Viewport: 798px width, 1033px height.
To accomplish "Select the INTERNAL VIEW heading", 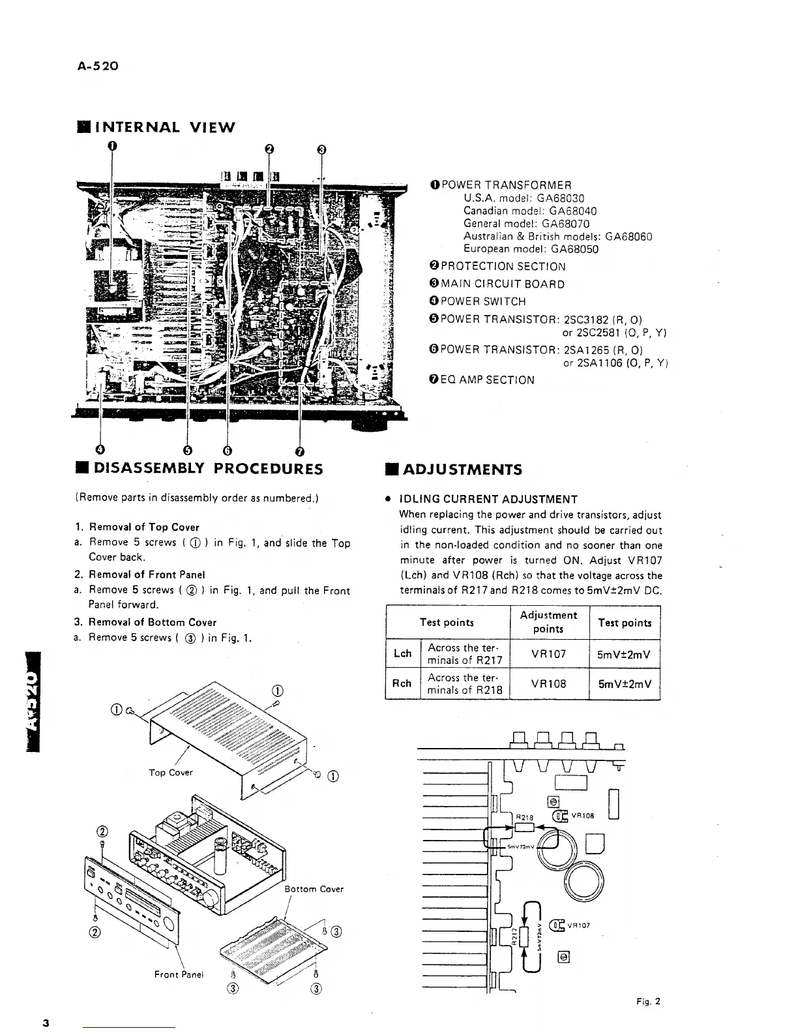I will [x=157, y=127].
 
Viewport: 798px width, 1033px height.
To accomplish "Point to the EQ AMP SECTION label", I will [x=487, y=380].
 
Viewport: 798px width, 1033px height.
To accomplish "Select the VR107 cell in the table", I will [x=548, y=653].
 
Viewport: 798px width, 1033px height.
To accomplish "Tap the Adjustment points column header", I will [x=548, y=621].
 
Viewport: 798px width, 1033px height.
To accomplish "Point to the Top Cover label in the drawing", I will [x=171, y=772].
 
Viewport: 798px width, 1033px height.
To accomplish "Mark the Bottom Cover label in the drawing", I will [x=314, y=889].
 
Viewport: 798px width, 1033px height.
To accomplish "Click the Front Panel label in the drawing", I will [x=179, y=974].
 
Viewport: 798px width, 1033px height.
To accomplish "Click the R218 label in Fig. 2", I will [x=525, y=816].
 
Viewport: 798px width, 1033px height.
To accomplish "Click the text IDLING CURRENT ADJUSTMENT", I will [x=488, y=500].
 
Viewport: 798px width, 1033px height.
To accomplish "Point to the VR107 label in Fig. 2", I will [x=579, y=924].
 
